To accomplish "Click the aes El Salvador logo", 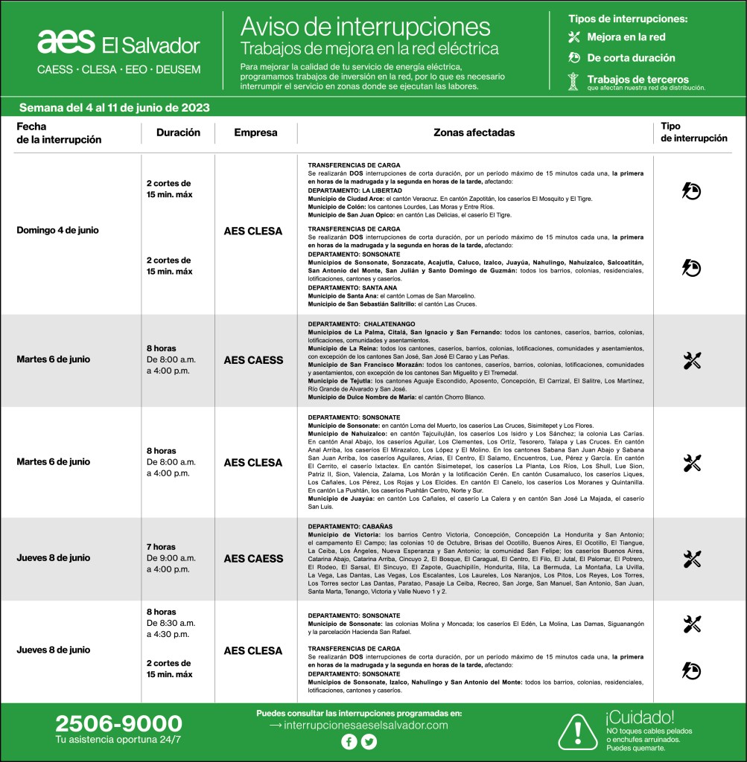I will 118,43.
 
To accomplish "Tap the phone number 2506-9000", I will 118,723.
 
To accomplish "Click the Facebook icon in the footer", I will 349,741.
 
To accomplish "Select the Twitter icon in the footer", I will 369,741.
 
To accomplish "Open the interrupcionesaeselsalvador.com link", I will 358,725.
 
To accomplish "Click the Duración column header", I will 178,132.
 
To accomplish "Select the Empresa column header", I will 255,132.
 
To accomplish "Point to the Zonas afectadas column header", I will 474,132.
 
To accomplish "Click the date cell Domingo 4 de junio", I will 57,230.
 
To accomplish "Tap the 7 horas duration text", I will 161,547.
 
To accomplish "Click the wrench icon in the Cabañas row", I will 692,559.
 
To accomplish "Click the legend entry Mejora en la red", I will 626,36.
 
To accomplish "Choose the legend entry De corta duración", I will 631,57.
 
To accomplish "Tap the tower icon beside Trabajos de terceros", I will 573,82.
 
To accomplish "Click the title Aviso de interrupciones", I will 365,27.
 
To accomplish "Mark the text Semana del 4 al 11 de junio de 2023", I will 114,107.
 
